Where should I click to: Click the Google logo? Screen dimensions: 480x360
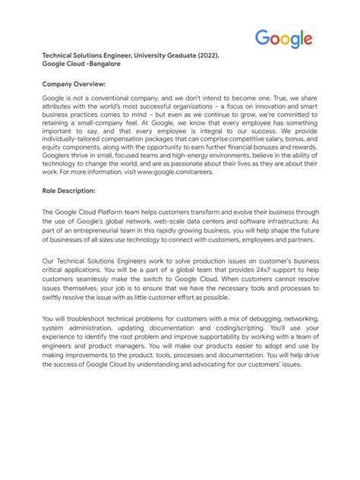point(283,39)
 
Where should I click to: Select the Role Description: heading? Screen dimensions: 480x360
point(68,190)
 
